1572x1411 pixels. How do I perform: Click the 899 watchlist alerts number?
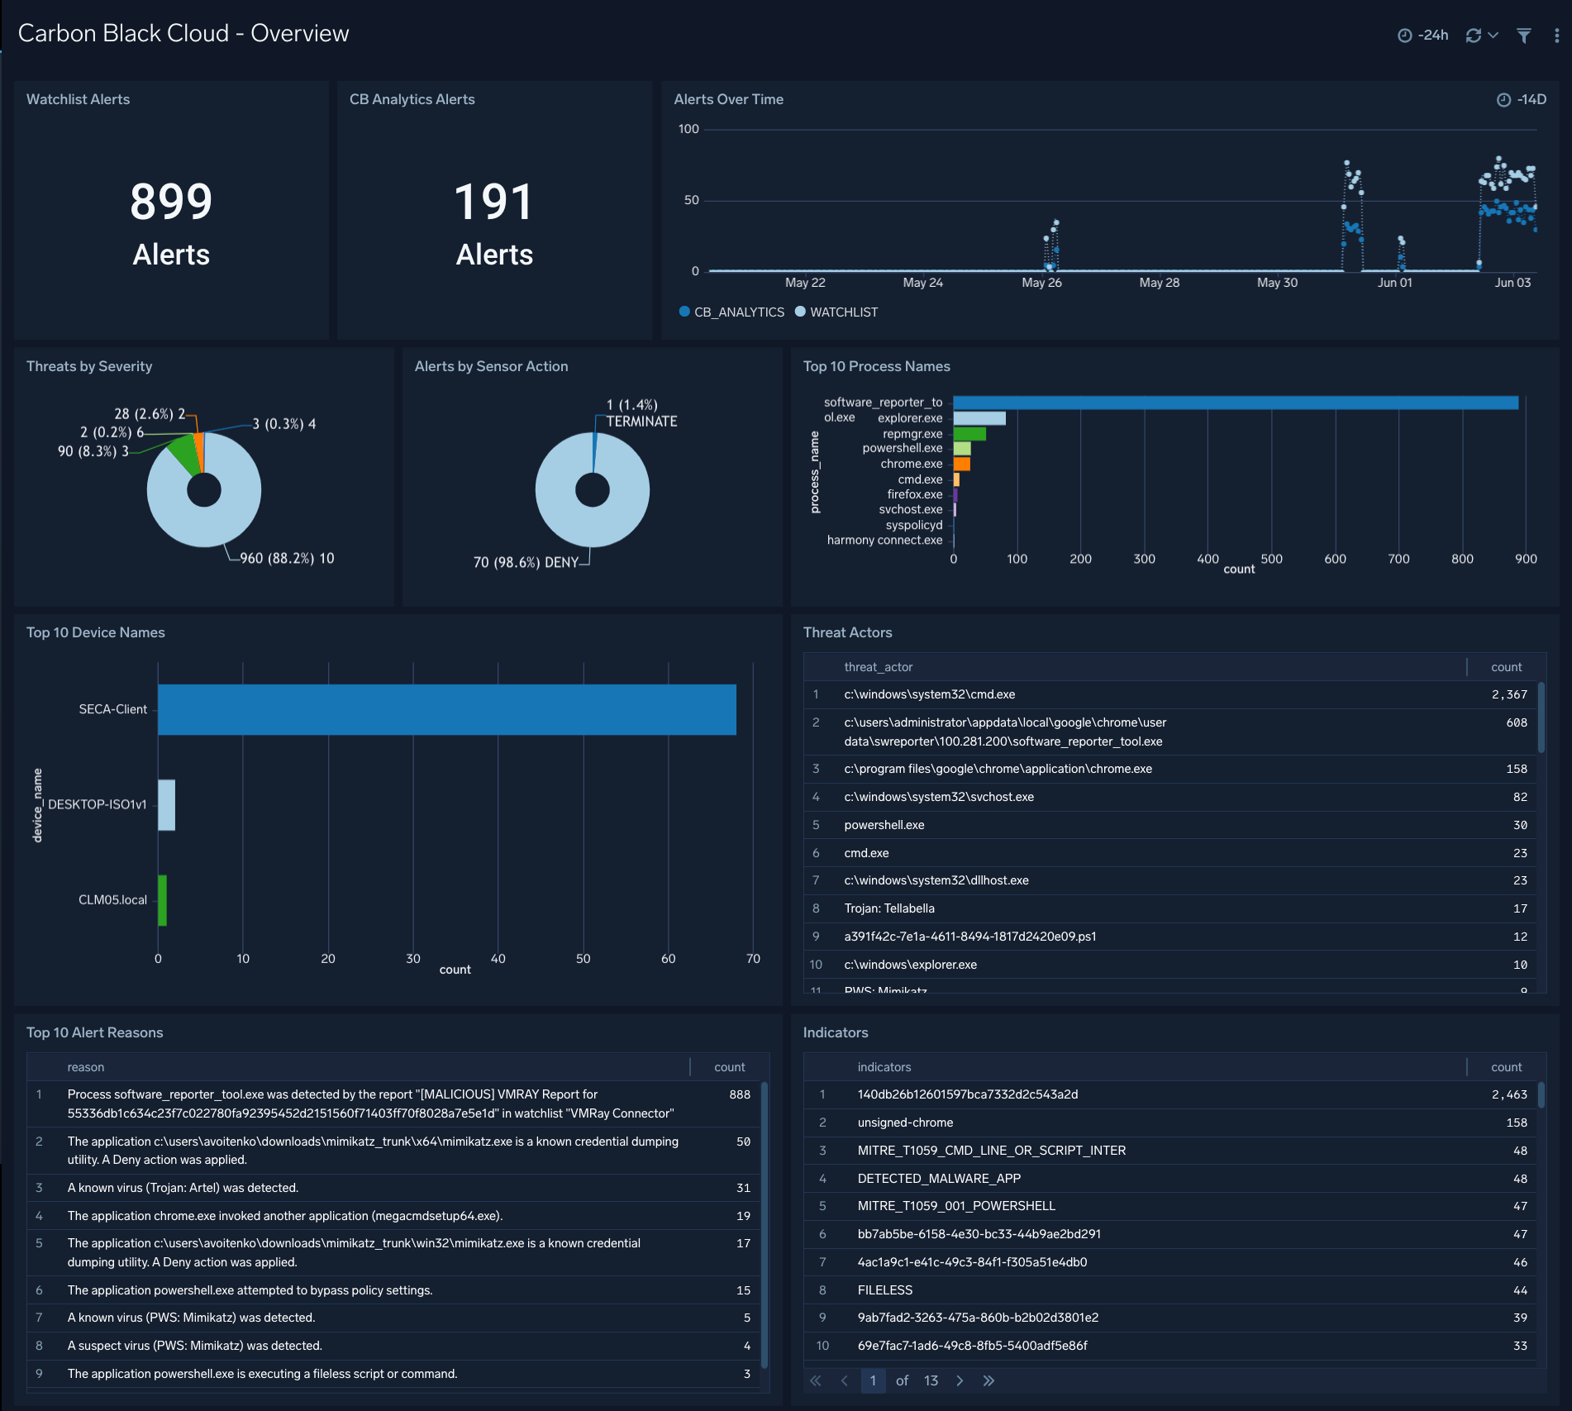[171, 202]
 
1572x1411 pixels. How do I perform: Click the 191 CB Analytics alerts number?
[493, 202]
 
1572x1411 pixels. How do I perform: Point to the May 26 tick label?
[1041, 283]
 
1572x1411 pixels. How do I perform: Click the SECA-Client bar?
[446, 709]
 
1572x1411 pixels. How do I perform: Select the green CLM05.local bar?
[163, 900]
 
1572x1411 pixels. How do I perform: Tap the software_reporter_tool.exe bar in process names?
[1235, 403]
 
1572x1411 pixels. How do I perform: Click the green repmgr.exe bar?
[969, 434]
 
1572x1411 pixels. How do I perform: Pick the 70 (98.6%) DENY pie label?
[526, 563]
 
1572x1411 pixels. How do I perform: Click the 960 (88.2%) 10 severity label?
[287, 559]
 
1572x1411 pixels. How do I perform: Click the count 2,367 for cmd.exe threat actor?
[1508, 695]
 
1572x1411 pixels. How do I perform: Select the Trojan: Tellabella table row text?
[889, 908]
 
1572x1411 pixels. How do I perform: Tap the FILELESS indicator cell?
[885, 1290]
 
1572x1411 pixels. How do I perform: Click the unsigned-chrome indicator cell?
[905, 1123]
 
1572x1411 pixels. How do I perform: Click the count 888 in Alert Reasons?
[739, 1094]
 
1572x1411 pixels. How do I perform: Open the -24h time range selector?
[1423, 36]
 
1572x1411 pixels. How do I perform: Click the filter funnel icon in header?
[1523, 36]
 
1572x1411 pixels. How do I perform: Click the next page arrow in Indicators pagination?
[960, 1380]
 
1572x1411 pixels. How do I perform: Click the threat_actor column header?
[878, 667]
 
